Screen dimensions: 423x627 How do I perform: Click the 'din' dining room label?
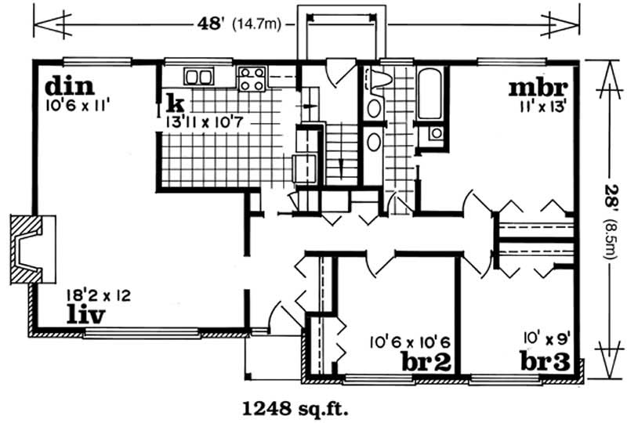[69, 85]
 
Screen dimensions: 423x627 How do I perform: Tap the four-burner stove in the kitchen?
[252, 78]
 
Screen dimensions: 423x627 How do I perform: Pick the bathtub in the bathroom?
[429, 94]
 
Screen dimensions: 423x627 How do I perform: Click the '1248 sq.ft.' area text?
[293, 407]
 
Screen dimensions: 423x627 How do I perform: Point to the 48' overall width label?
[209, 23]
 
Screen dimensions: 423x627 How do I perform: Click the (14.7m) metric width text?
[258, 23]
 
